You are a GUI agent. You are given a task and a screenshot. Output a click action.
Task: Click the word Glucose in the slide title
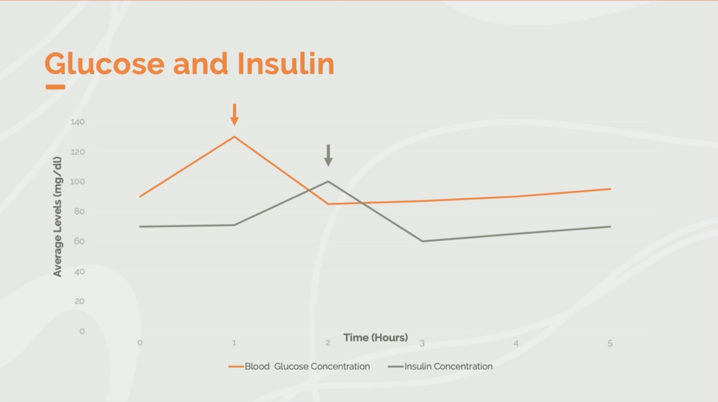pos(105,64)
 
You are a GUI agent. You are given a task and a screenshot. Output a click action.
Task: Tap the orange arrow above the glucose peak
pos(234,115)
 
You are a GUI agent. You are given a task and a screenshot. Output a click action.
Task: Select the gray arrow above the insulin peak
pos(328,155)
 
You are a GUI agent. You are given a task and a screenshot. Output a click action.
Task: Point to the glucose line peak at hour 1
pos(234,137)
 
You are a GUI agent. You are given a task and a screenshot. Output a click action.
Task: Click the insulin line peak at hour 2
pos(328,181)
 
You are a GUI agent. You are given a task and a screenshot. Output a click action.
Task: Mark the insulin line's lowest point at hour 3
pos(422,241)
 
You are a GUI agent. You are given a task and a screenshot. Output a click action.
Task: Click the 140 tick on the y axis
pos(78,122)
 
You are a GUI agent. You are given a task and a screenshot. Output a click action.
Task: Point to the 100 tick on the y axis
pos(78,182)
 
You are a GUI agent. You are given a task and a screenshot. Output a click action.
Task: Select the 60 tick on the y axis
pos(79,241)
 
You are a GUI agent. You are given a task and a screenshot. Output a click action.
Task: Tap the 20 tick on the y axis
pos(79,301)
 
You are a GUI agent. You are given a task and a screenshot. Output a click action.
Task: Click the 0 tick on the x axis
pos(140,343)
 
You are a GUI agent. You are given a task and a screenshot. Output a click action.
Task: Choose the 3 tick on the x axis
pos(422,343)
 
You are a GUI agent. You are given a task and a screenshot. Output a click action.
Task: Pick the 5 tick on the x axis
pos(610,343)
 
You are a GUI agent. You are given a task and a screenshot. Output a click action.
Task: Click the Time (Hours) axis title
pos(376,338)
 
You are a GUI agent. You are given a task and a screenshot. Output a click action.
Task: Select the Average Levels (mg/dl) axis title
pos(57,217)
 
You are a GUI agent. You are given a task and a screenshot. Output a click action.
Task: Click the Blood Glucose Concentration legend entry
pos(299,366)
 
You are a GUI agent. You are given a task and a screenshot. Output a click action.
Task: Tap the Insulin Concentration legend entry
pos(440,366)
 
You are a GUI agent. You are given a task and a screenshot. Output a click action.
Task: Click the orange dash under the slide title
pos(55,87)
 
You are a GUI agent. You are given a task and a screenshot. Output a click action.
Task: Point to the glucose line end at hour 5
pos(610,189)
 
